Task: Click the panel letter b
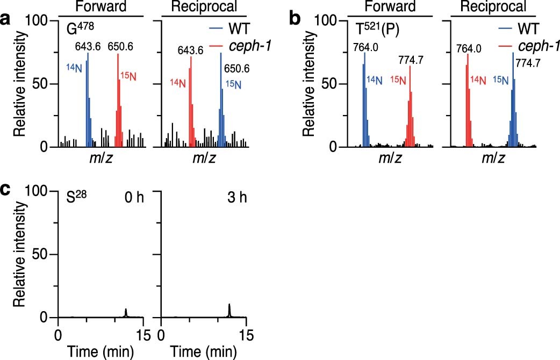[x=295, y=20]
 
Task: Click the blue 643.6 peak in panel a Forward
[x=88, y=99]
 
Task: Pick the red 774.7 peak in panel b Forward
[x=411, y=107]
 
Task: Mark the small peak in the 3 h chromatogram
[x=229, y=311]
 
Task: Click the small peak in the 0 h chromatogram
[x=126, y=313]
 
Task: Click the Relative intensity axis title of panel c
[x=18, y=254]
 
